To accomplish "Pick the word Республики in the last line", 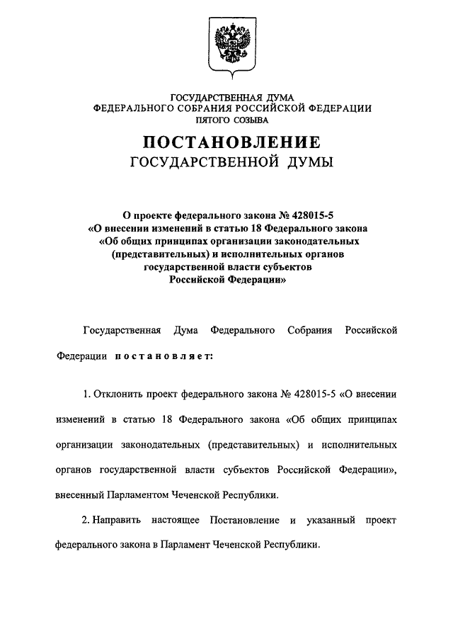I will pyautogui.click(x=292, y=545).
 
